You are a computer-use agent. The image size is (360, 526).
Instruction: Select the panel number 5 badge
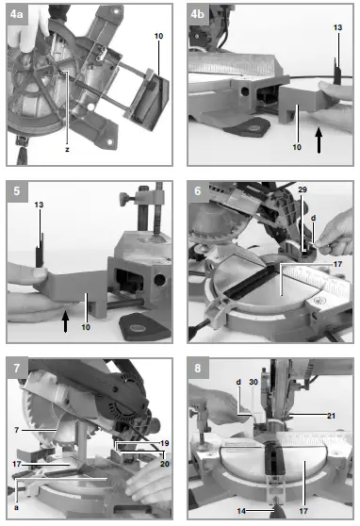(x=18, y=191)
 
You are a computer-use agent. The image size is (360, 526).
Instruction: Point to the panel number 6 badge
(x=199, y=191)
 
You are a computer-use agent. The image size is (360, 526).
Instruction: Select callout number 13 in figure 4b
(x=337, y=29)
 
